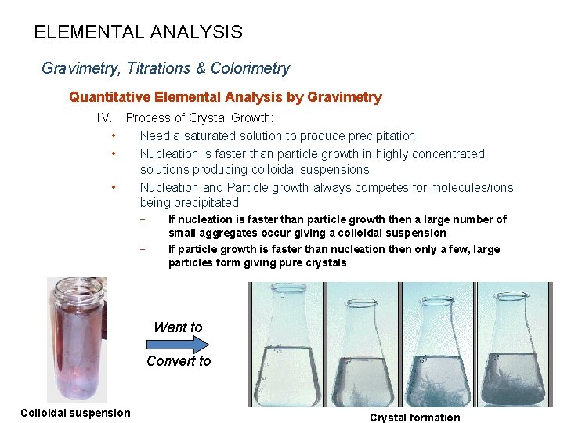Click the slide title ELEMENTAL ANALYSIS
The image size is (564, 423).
pos(138,33)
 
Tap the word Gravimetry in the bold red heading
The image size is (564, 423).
pos(345,97)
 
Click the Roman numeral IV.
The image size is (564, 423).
pos(104,118)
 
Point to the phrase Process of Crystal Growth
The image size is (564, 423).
pos(199,118)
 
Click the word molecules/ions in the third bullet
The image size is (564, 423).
pos(474,187)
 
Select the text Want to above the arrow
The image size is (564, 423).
pos(178,327)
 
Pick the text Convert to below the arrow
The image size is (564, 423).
pos(179,361)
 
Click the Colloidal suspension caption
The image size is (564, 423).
pos(75,413)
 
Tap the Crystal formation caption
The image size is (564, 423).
pos(414,418)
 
